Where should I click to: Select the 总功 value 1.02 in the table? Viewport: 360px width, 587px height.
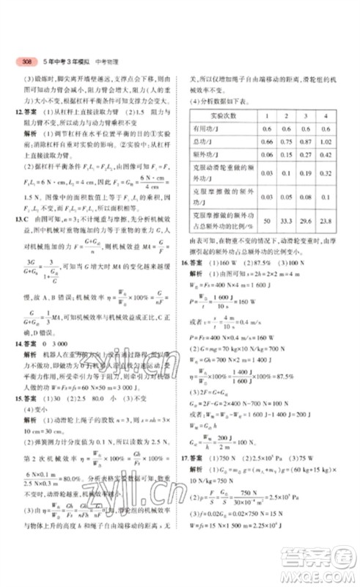click(323, 141)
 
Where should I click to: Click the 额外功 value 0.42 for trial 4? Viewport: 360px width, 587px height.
click(323, 154)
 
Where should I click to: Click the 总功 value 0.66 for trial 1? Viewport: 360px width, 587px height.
click(267, 141)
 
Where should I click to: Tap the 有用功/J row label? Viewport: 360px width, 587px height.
click(208, 128)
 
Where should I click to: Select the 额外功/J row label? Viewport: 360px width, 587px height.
click(208, 154)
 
